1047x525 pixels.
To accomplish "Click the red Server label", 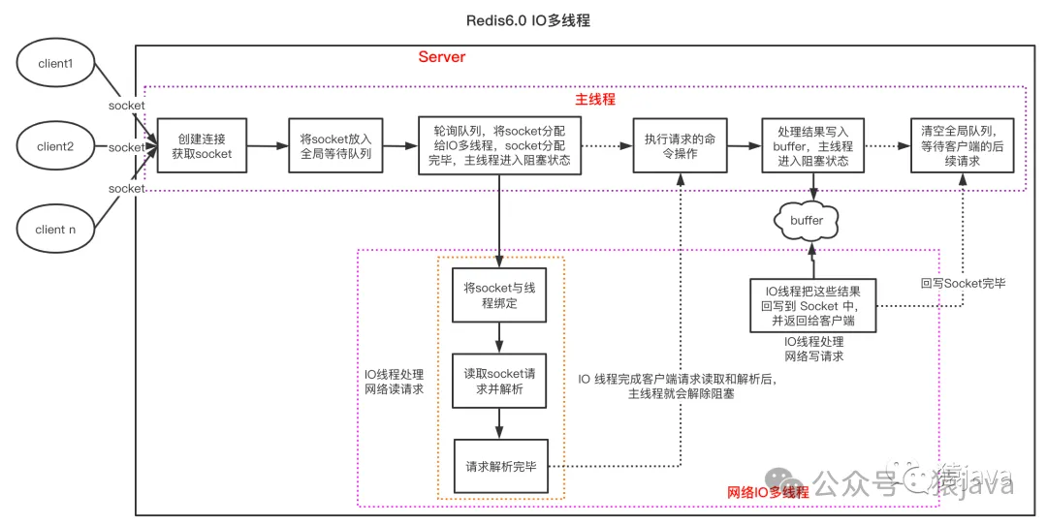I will [x=442, y=57].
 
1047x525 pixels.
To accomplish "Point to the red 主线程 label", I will [x=595, y=99].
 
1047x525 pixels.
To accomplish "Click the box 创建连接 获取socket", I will [x=202, y=146].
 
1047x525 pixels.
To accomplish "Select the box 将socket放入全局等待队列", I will [x=335, y=146].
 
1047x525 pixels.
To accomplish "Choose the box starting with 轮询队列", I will [x=500, y=146].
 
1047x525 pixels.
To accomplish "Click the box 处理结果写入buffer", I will [x=812, y=146].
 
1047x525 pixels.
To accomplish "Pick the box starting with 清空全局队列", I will [x=961, y=146].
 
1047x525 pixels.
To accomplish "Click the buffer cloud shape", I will [x=807, y=221].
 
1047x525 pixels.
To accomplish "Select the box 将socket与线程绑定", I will [x=497, y=295].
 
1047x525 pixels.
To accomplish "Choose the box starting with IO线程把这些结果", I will [x=813, y=305].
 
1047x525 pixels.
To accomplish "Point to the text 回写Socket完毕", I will [x=963, y=284].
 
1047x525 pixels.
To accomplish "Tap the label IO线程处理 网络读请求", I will [x=394, y=381].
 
